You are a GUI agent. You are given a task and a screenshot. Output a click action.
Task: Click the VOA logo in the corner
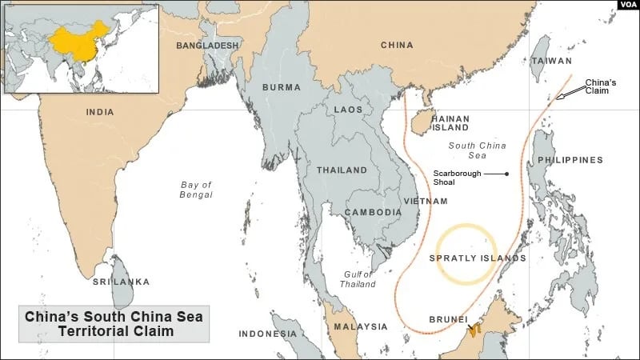(x=626, y=6)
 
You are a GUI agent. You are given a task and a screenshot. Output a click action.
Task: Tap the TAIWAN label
(x=552, y=61)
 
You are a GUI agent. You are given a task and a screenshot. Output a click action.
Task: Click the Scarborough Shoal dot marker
(x=507, y=174)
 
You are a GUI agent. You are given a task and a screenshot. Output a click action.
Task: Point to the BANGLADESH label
(x=207, y=46)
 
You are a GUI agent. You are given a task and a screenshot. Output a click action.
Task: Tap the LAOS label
(x=348, y=109)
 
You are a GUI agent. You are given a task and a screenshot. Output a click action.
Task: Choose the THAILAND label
(x=342, y=170)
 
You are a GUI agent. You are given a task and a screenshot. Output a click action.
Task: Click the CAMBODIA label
(x=373, y=212)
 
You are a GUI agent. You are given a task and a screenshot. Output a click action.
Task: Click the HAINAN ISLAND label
(x=450, y=123)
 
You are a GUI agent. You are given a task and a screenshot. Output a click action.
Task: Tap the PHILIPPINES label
(x=570, y=160)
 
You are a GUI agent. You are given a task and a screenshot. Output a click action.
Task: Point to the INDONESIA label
(x=268, y=334)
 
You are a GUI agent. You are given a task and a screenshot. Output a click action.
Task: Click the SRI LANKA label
(x=121, y=282)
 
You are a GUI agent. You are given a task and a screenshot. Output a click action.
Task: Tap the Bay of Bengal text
(x=196, y=190)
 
